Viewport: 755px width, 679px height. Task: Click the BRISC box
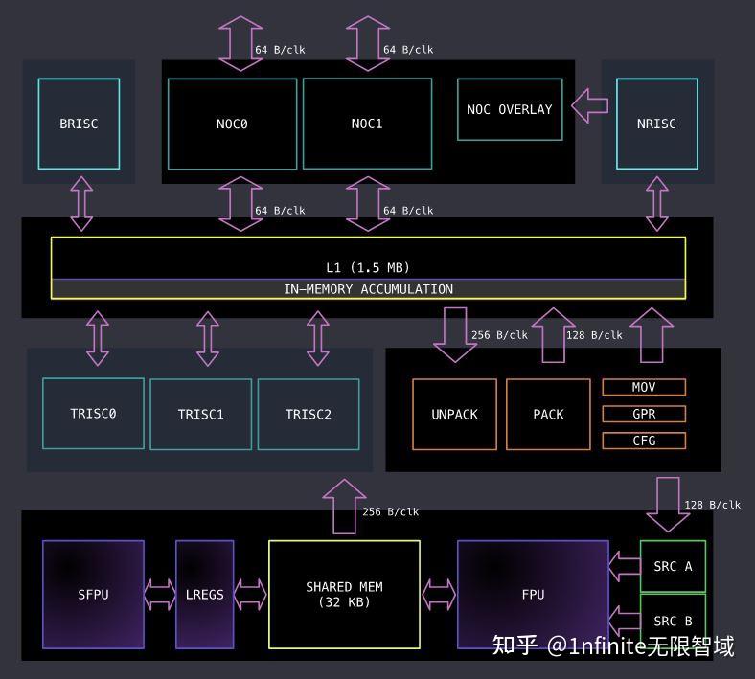click(79, 124)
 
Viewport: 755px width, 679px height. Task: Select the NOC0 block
click(232, 124)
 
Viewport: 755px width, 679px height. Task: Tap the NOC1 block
click(367, 124)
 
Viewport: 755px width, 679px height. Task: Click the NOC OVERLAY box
click(509, 109)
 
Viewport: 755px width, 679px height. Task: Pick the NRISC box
click(656, 124)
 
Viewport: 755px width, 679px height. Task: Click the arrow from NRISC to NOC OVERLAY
click(589, 106)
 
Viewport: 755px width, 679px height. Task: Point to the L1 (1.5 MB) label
click(368, 267)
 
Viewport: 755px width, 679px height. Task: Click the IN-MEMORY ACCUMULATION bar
click(368, 289)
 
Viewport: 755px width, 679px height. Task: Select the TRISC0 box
click(93, 414)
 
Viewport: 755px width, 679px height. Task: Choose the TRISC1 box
click(200, 415)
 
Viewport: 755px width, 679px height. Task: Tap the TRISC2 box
click(308, 415)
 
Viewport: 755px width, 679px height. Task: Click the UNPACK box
click(454, 415)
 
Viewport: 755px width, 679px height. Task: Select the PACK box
click(548, 415)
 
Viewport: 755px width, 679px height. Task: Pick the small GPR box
click(644, 414)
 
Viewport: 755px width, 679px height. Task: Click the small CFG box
click(644, 441)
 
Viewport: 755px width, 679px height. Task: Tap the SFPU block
click(93, 594)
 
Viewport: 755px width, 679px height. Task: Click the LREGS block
click(204, 594)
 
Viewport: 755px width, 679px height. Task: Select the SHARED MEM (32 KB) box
click(344, 594)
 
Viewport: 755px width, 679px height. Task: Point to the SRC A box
click(673, 566)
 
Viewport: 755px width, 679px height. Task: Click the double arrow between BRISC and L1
click(81, 203)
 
